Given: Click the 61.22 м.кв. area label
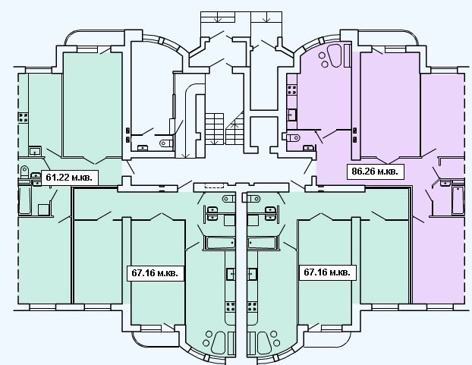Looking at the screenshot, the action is (x=69, y=178).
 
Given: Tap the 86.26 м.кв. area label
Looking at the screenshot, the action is (x=375, y=171).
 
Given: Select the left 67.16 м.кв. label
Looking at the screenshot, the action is (x=155, y=273).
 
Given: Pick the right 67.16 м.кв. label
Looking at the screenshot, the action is (x=327, y=272).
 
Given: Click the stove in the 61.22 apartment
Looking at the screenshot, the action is (x=24, y=118).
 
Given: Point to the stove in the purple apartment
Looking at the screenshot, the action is (x=292, y=90).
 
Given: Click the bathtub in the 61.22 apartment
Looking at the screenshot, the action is (x=25, y=200).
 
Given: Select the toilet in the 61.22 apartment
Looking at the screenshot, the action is (x=24, y=171).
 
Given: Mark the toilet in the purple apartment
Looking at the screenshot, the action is (x=293, y=138).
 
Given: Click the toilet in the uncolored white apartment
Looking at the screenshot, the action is (x=166, y=143).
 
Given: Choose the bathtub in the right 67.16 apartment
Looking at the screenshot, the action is (x=262, y=243).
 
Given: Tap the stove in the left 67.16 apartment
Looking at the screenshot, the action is (x=231, y=307).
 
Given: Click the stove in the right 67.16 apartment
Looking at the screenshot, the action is (x=252, y=307).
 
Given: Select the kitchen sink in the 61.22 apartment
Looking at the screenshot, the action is (x=35, y=151).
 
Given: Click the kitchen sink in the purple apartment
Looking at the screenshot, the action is (x=292, y=115).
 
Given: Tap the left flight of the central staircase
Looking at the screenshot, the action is (x=215, y=128).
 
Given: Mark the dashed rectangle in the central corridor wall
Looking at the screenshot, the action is (x=214, y=185).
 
